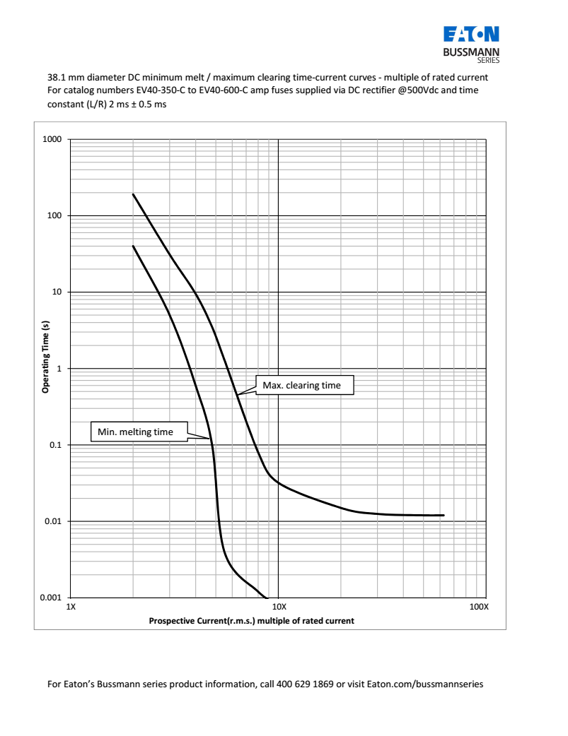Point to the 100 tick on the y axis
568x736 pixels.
pyautogui.click(x=54, y=215)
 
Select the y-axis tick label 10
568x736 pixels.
pyautogui.click(x=56, y=292)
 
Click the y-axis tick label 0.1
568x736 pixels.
pyautogui.click(x=54, y=445)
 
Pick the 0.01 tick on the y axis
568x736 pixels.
pyautogui.click(x=52, y=521)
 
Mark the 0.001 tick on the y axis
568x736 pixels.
pyautogui.click(x=50, y=598)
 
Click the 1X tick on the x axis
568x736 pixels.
pyautogui.click(x=70, y=607)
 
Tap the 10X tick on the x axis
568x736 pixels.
pyautogui.click(x=279, y=607)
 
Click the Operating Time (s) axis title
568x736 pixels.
pyautogui.click(x=45, y=356)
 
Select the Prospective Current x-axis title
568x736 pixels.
pyautogui.click(x=251, y=621)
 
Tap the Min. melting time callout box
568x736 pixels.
pyautogui.click(x=139, y=432)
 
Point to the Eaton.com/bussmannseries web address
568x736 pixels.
pyautogui.click(x=425, y=684)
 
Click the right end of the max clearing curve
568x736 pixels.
pyautogui.click(x=443, y=515)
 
